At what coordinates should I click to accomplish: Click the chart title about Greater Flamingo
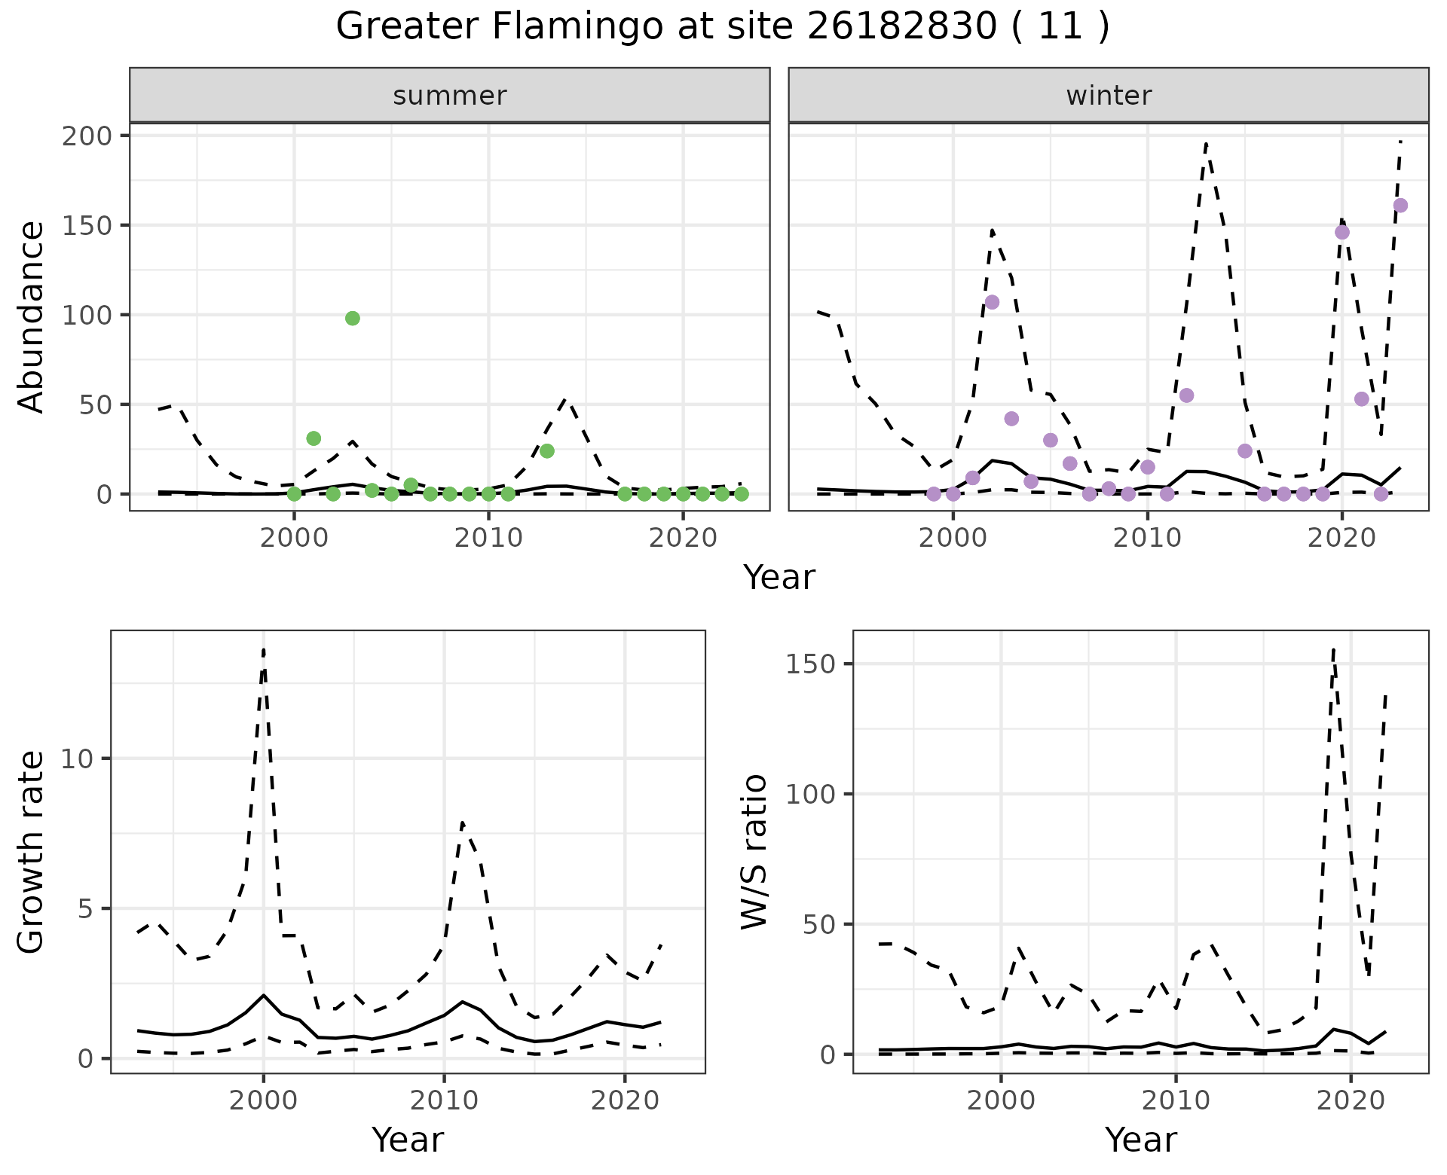(722, 27)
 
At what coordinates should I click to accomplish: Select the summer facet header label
(449, 96)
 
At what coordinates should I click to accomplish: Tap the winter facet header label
(1108, 96)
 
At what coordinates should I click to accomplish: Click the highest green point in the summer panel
(353, 319)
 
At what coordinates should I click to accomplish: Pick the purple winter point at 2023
(1400, 206)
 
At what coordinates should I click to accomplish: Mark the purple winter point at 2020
(1342, 232)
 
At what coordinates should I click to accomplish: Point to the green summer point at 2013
(547, 451)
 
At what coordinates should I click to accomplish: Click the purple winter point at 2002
(992, 302)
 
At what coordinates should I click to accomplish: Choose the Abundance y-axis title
(32, 317)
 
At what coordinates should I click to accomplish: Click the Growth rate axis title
(32, 852)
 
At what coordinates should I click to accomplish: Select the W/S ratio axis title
(754, 852)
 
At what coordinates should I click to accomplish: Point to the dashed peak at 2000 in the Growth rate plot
(264, 649)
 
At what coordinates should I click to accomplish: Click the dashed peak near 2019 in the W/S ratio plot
(1334, 649)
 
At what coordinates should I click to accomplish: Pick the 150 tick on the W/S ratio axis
(811, 664)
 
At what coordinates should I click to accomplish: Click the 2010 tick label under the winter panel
(1147, 538)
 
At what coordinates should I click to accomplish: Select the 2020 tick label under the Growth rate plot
(624, 1101)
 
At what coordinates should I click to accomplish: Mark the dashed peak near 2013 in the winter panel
(1207, 143)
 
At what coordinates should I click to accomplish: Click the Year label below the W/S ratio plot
(1140, 1140)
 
